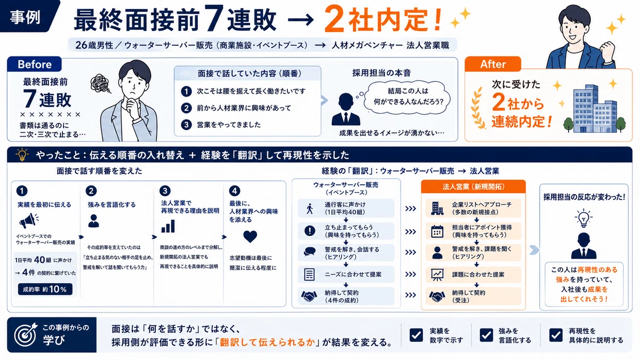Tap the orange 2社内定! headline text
[x=383, y=19]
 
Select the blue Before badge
[x=34, y=65]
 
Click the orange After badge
[x=493, y=64]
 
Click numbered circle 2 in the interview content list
[x=186, y=108]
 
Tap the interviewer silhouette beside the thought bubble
[x=346, y=109]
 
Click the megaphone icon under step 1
[x=29, y=221]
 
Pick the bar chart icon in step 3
[x=168, y=226]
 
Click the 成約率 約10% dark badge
[x=45, y=290]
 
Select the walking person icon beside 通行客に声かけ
[x=309, y=209]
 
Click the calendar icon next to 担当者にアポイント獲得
[x=437, y=231]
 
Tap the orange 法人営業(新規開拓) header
[x=473, y=187]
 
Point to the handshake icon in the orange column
[x=437, y=297]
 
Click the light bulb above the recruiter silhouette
[x=583, y=218]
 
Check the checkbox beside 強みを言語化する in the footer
[x=486, y=335]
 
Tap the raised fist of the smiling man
[x=607, y=50]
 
